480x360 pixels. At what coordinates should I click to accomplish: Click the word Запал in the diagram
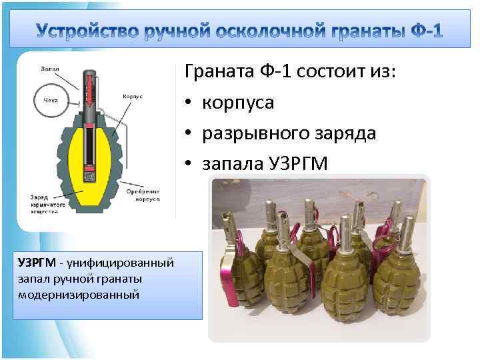[x=51, y=69]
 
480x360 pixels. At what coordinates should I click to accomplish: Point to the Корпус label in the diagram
[x=132, y=96]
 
